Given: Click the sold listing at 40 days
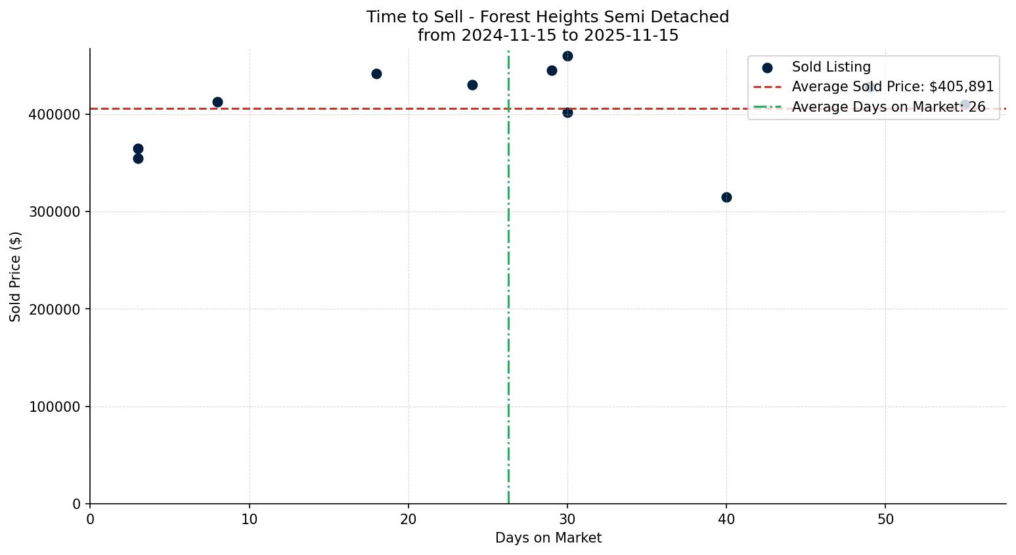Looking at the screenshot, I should click(x=726, y=197).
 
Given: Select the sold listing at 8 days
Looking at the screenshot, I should click(x=217, y=102).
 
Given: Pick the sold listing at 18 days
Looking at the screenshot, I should click(x=376, y=74).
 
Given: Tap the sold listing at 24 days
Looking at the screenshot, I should click(x=472, y=85).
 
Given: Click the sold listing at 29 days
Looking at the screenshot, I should click(x=552, y=70).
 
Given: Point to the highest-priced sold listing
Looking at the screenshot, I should click(x=567, y=56).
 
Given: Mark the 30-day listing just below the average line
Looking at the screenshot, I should click(x=567, y=112).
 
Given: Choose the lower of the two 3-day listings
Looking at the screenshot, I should click(x=138, y=158).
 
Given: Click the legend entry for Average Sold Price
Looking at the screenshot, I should click(x=893, y=87).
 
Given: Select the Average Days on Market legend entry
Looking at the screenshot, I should click(x=888, y=107).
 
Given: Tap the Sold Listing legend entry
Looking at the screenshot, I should click(x=831, y=67).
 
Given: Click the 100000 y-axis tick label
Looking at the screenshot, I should click(x=56, y=407).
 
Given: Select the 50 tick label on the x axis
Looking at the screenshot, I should click(x=885, y=520).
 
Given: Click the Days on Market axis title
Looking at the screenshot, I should click(x=548, y=538).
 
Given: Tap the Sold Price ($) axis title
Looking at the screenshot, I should click(x=15, y=276).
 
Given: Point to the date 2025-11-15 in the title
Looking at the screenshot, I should click(x=630, y=35).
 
